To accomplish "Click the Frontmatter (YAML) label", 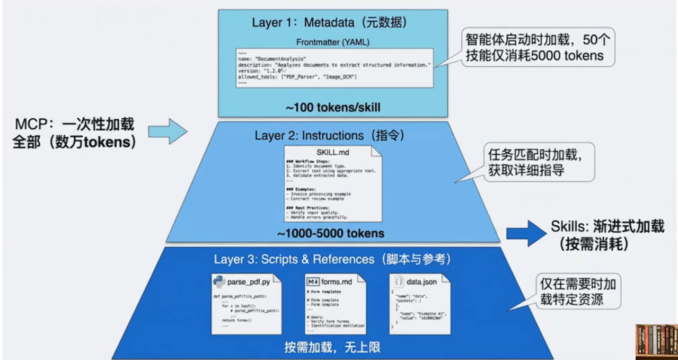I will click(333, 41).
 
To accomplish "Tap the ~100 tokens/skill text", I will click(333, 108).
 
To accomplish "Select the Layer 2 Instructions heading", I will click(329, 135).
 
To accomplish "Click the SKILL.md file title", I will click(332, 152).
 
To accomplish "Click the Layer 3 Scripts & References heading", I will click(332, 259).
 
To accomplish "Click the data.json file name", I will click(422, 282).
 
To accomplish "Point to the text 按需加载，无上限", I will click(332, 348).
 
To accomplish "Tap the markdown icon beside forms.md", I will click(313, 282).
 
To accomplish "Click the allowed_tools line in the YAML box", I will click(297, 77).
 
